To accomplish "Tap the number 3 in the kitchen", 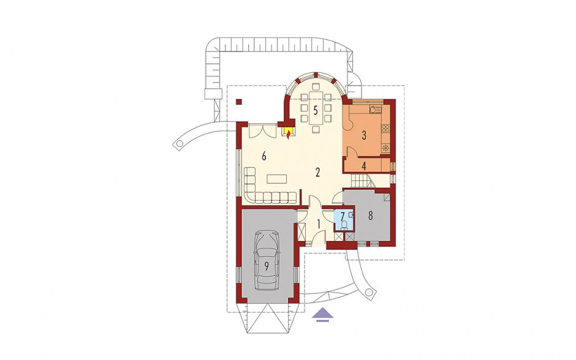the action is (363, 136).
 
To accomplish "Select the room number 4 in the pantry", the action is (363, 166).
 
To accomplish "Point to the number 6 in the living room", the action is (263, 156).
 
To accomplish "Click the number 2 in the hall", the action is (318, 172).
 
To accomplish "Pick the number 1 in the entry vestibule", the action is (319, 224).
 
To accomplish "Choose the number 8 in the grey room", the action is (370, 215).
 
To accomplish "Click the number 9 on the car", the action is (267, 266).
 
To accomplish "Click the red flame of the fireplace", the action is (289, 136).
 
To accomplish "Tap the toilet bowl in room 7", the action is (344, 224).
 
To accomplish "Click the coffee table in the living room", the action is (277, 178).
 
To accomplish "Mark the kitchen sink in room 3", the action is (374, 109).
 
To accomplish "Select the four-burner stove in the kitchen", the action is (385, 128).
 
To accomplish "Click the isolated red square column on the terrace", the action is (239, 101).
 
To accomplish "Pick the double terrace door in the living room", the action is (263, 131).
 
